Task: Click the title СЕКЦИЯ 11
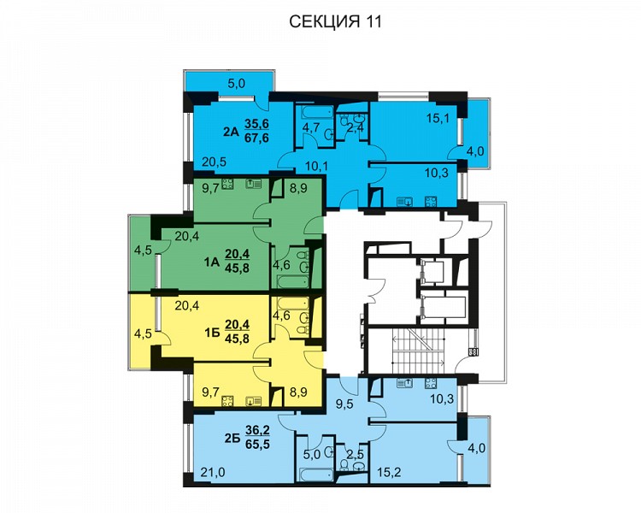(335, 21)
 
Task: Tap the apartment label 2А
(231, 132)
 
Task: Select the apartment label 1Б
(212, 333)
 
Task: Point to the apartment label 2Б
(232, 438)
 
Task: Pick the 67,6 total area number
(256, 138)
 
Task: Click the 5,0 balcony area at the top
(236, 84)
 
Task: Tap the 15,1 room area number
(438, 119)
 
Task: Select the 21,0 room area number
(213, 473)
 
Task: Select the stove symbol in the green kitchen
(227, 185)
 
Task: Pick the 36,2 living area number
(257, 431)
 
